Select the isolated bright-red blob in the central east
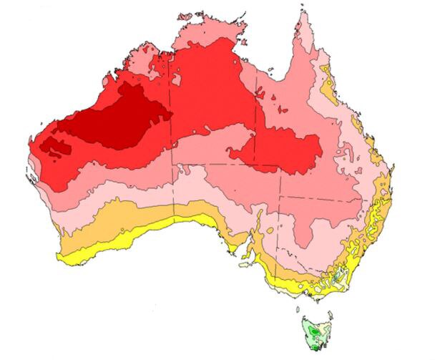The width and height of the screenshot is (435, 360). pos(279,150)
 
